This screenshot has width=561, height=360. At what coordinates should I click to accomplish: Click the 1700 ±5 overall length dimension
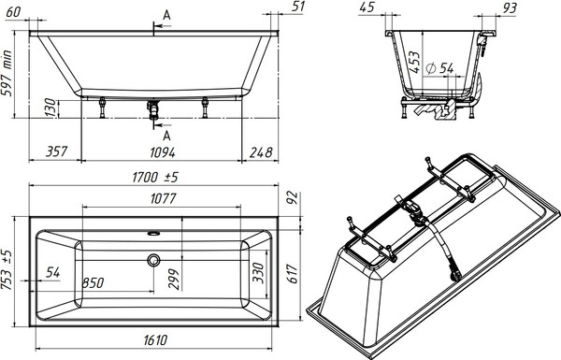click(155, 177)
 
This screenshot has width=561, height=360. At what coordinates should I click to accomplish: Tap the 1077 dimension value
click(163, 198)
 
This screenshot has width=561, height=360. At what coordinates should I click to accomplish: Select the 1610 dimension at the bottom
click(155, 340)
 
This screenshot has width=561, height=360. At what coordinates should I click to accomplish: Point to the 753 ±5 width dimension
click(7, 270)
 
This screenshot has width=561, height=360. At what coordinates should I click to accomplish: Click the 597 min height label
click(7, 73)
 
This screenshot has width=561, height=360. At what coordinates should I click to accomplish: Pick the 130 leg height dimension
click(50, 108)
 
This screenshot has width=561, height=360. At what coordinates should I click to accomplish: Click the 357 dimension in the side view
click(56, 151)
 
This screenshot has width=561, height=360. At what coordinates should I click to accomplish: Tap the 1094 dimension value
click(163, 152)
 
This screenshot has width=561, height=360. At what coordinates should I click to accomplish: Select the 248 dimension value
click(261, 152)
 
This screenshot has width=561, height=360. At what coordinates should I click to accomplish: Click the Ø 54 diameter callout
click(440, 68)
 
